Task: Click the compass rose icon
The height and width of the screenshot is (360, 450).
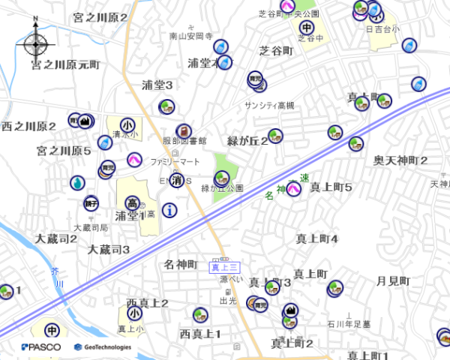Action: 35,43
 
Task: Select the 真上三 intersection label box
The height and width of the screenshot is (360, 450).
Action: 224,267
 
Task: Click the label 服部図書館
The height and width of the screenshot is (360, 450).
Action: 184,140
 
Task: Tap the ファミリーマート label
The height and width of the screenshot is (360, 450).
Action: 175,162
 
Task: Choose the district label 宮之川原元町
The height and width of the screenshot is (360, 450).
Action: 65,65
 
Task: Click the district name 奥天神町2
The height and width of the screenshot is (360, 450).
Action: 401,160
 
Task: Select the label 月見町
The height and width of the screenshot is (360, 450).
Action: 393,281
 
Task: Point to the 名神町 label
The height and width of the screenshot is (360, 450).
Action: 181,265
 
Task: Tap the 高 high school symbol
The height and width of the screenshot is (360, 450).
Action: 132,203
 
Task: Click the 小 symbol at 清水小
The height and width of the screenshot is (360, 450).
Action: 128,125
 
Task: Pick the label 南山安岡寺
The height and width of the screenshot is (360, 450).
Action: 191,36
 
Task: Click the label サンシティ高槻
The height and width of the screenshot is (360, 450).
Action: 270,106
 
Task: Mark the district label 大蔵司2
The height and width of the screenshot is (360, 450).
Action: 56,238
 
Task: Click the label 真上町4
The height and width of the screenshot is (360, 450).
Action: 317,239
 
